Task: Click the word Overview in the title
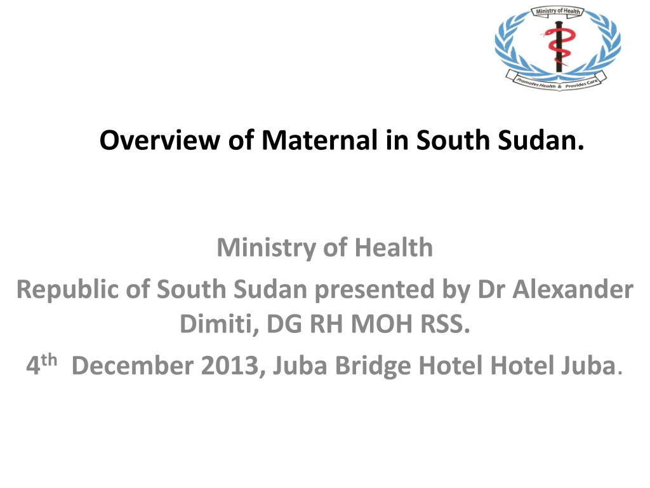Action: coord(159,140)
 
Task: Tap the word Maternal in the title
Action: coord(320,140)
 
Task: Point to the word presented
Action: coord(374,290)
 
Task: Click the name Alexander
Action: coord(573,289)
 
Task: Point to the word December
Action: coord(133,365)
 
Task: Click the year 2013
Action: coord(233,365)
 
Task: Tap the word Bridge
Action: coord(373,366)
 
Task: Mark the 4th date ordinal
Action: coord(41,364)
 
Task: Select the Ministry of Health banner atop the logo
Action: coord(557,11)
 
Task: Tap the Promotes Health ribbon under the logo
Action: coord(556,81)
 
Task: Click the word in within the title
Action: coord(397,140)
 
